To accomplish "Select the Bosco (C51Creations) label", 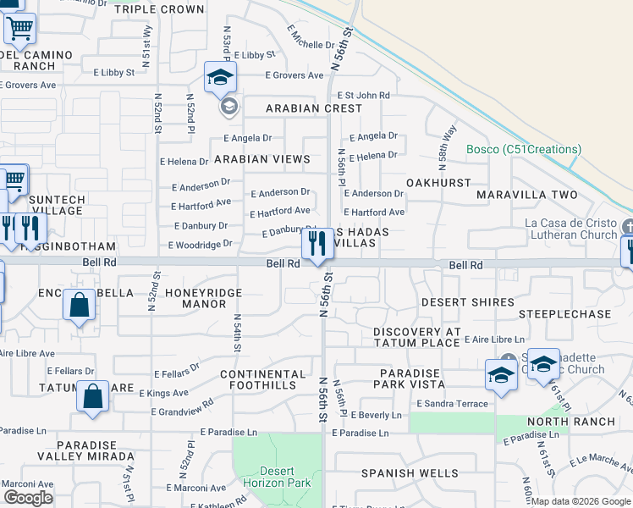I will click(x=524, y=150).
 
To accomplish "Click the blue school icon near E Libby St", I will click(x=220, y=79).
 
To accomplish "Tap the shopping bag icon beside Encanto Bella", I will click(x=79, y=306).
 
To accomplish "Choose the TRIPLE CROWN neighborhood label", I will click(x=159, y=9).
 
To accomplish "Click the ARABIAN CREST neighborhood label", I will click(x=314, y=108).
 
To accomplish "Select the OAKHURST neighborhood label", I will click(x=438, y=182).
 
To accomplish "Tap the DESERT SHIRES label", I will click(x=468, y=302).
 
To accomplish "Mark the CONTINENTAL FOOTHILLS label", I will click(x=271, y=380).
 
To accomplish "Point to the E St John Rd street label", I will click(x=363, y=96).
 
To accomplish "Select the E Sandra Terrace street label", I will click(x=453, y=405).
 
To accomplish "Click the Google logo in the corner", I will click(x=28, y=498).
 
